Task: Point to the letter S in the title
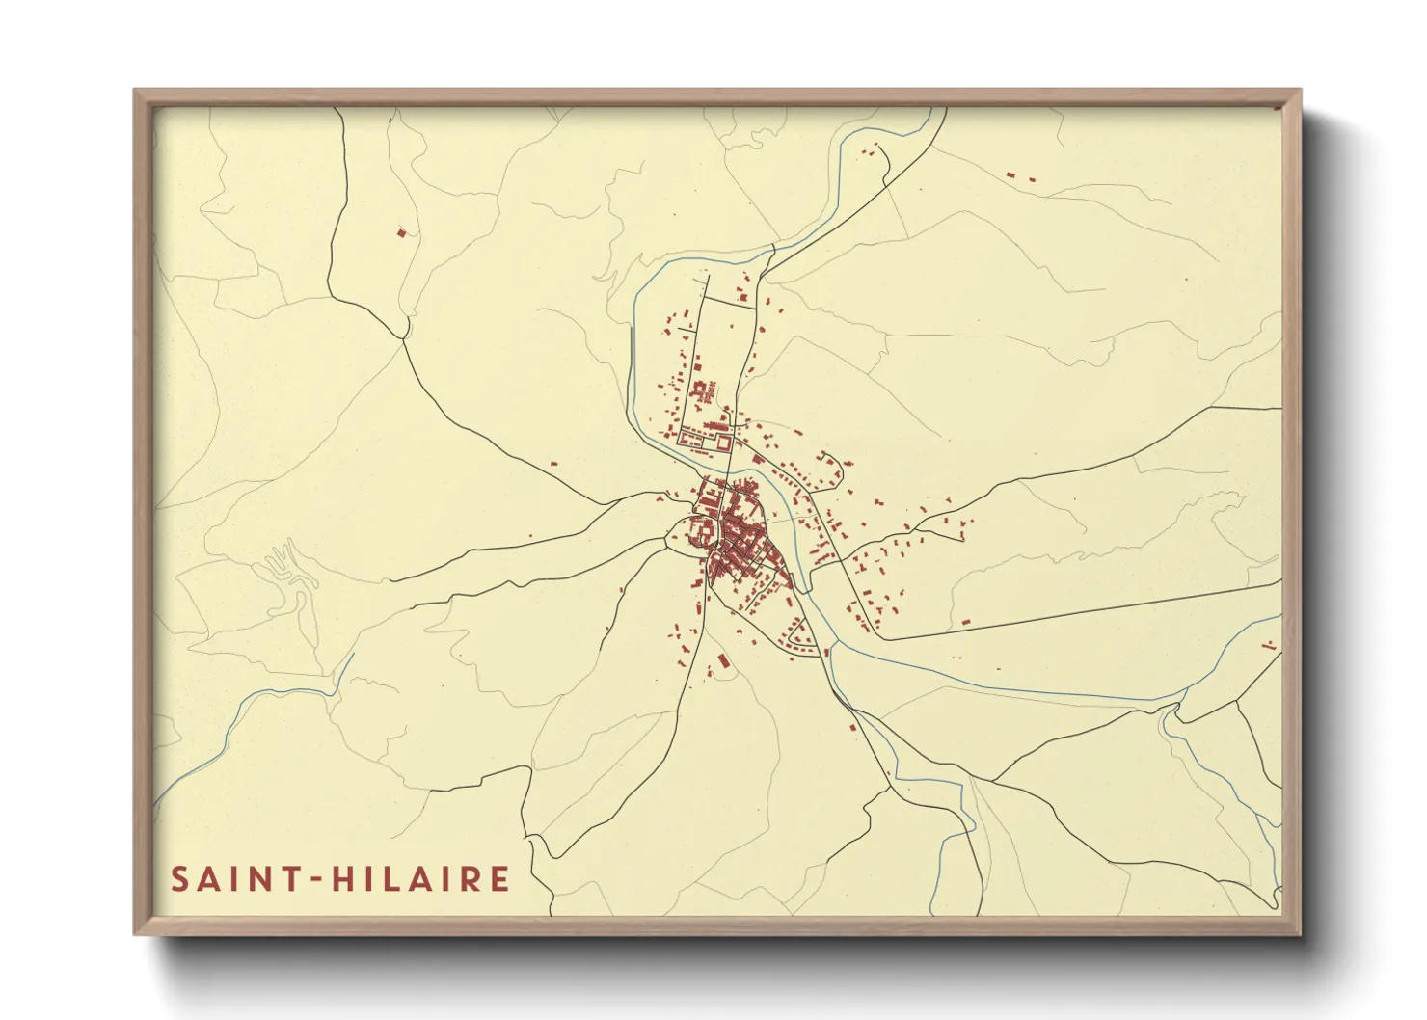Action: point(179,879)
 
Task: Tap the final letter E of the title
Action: point(499,879)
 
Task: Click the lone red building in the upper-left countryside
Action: point(402,231)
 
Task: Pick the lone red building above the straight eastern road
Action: point(966,623)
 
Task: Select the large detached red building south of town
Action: point(722,660)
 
